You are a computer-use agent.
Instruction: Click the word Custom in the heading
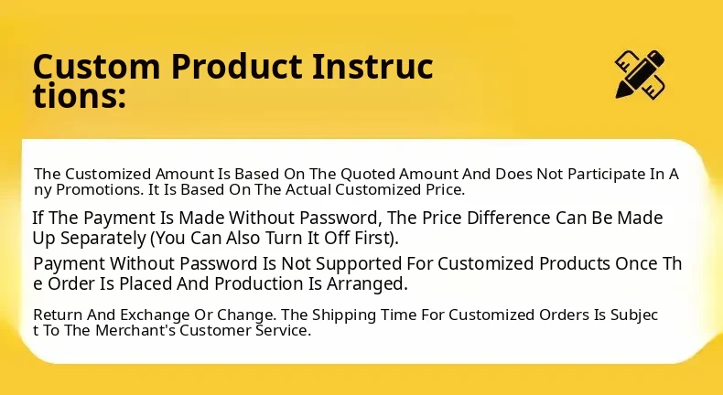point(96,67)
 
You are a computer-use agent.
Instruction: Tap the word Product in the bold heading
point(236,67)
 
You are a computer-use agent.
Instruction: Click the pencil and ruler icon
point(640,74)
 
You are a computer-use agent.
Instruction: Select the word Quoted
point(368,175)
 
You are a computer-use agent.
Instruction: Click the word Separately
point(103,239)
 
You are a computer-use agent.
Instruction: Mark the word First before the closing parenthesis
point(373,239)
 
